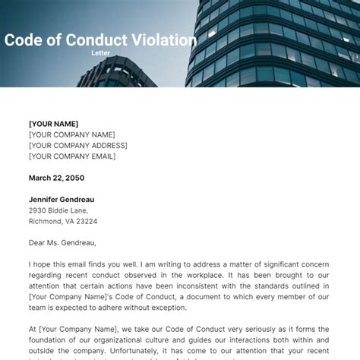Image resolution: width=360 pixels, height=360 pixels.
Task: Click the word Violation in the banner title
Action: pos(161,40)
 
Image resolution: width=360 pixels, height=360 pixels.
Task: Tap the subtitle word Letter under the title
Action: pos(101,54)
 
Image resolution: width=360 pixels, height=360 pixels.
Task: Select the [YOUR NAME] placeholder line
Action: pos(53,124)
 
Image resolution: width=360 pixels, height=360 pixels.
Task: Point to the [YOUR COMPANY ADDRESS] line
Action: pos(78,145)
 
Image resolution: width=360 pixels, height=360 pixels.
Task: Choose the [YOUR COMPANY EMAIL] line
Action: pos(72,156)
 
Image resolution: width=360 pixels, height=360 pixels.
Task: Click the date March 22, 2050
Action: pos(56,178)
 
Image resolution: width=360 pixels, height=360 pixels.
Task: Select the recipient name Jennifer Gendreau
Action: pos(62,200)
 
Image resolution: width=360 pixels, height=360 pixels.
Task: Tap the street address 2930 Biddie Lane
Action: pos(58,210)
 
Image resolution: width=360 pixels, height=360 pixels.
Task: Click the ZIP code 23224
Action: pos(87,221)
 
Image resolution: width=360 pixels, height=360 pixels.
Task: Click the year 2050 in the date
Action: pos(74,178)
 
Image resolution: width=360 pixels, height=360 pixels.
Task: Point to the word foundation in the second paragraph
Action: pos(50,339)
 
